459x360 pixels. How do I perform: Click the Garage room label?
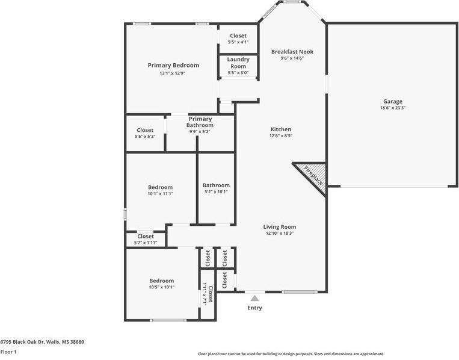(x=392, y=101)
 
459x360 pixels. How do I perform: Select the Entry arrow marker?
(x=254, y=297)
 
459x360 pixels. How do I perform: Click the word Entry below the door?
(x=254, y=308)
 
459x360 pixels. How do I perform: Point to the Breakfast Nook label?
(x=292, y=52)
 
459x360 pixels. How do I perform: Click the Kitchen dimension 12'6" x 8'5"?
(x=280, y=136)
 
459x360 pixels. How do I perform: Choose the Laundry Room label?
(x=238, y=63)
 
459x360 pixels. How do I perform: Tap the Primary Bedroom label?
(x=173, y=65)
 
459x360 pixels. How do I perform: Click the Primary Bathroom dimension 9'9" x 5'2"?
(x=200, y=131)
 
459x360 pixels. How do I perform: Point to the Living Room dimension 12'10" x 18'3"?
(x=280, y=233)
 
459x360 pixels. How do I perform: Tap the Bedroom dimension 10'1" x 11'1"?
(x=161, y=194)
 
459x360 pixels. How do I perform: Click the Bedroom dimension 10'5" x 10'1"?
(x=161, y=287)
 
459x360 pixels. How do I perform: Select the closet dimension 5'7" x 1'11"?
(x=145, y=243)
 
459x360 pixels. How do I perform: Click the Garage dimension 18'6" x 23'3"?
(x=392, y=108)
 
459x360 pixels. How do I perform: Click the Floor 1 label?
(x=8, y=352)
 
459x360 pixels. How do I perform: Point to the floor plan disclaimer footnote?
(x=291, y=354)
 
